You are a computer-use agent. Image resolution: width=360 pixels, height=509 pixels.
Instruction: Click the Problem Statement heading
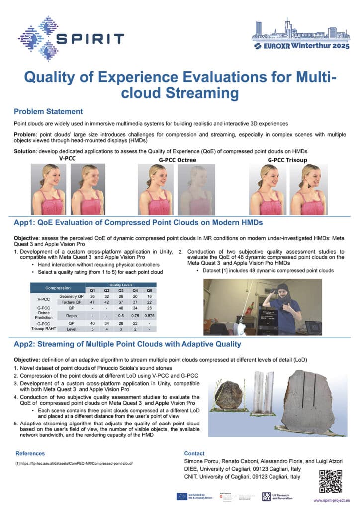(x=48, y=111)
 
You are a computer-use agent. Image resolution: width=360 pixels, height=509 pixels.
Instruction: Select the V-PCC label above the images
(x=67, y=158)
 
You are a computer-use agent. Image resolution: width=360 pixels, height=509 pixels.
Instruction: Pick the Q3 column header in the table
(x=121, y=290)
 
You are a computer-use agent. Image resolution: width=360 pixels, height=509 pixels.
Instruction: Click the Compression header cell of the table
(x=58, y=288)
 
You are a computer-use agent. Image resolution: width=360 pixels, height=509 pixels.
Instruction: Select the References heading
(x=30, y=453)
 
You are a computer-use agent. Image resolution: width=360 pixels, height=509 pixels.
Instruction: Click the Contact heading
(x=194, y=453)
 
